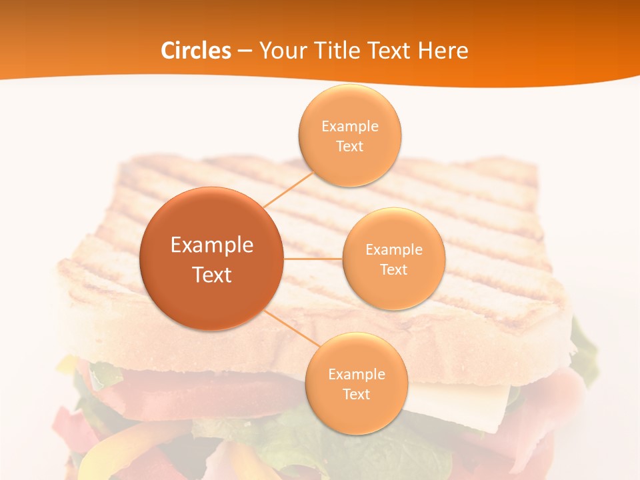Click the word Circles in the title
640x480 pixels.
point(195,51)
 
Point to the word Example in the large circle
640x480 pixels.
point(212,245)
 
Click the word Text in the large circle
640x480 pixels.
point(212,275)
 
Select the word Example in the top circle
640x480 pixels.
point(350,127)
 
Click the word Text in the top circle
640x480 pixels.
point(350,147)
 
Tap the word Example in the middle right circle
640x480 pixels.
point(394,250)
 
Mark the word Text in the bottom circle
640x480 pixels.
point(356,395)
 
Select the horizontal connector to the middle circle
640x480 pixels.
point(313,259)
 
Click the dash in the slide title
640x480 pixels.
point(245,51)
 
